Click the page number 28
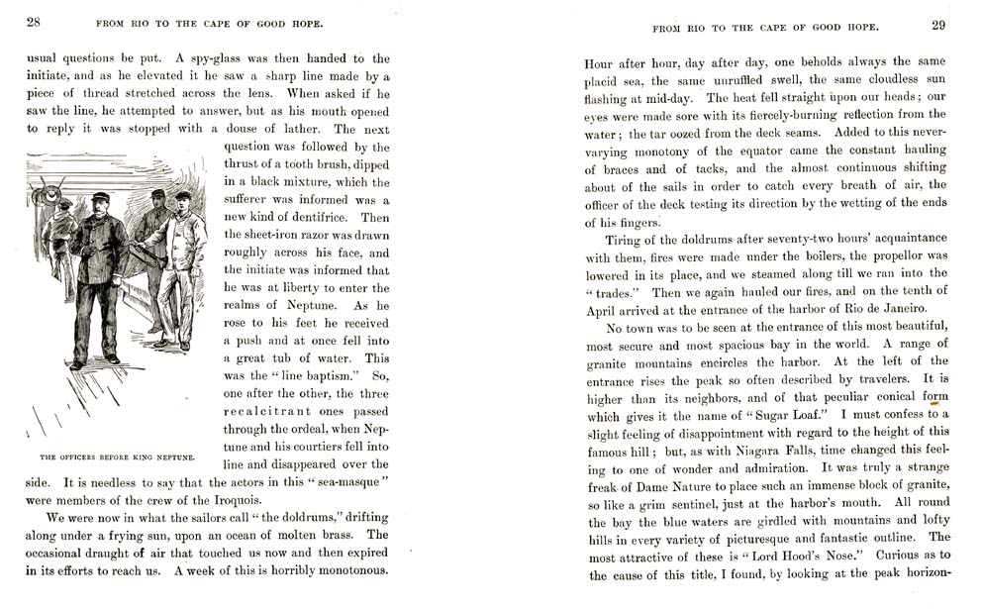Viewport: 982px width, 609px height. click(33, 22)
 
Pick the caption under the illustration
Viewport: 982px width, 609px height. click(117, 457)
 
